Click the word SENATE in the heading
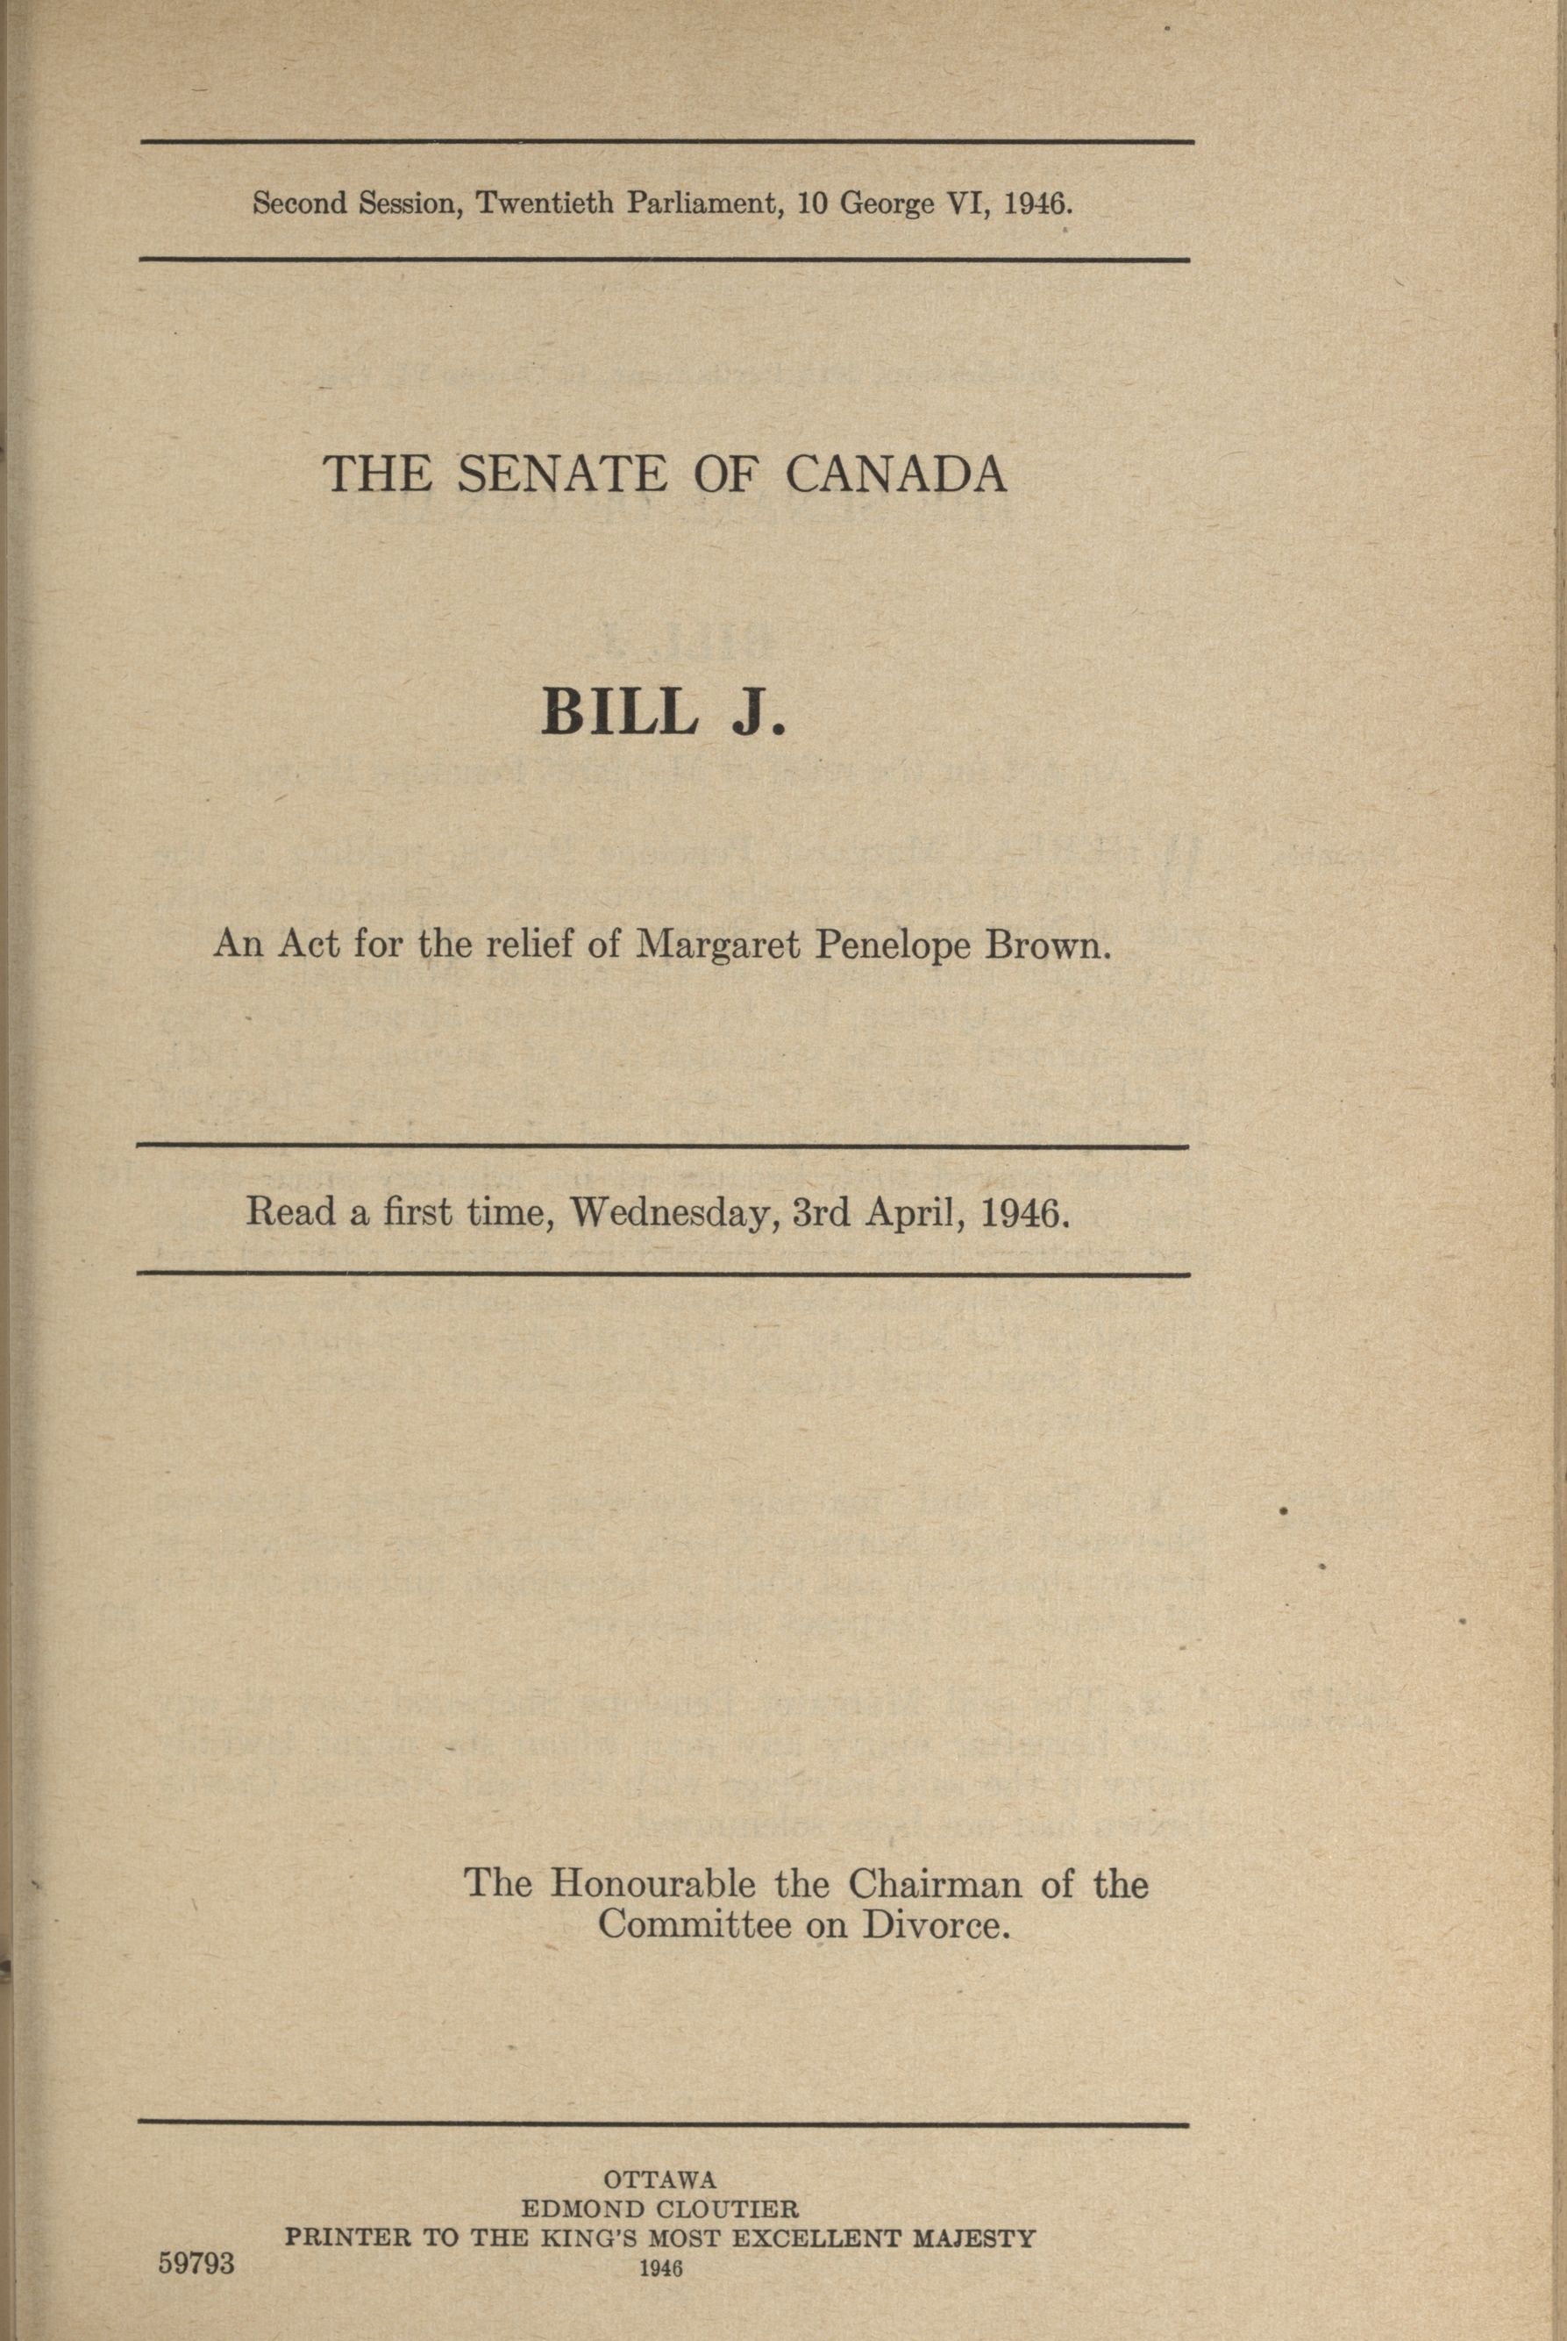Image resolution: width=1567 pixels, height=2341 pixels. click(x=560, y=475)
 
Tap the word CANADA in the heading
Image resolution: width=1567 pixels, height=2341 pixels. click(x=895, y=475)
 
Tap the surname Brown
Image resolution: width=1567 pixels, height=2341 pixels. click(x=1049, y=945)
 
